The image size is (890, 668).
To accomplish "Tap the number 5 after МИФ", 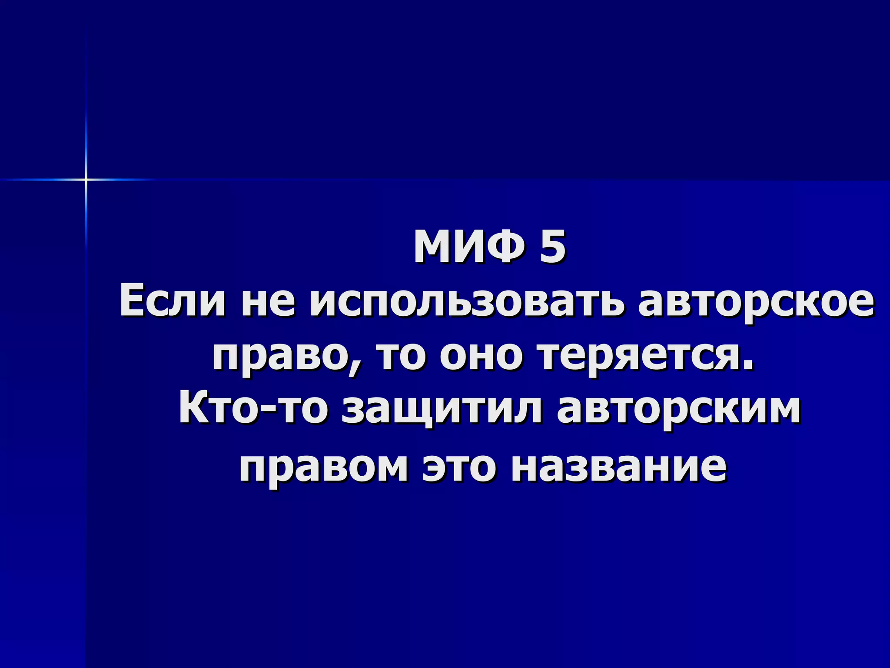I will click(553, 248).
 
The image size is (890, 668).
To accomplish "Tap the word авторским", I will click(678, 411).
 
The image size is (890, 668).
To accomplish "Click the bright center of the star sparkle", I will click(86, 179).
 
